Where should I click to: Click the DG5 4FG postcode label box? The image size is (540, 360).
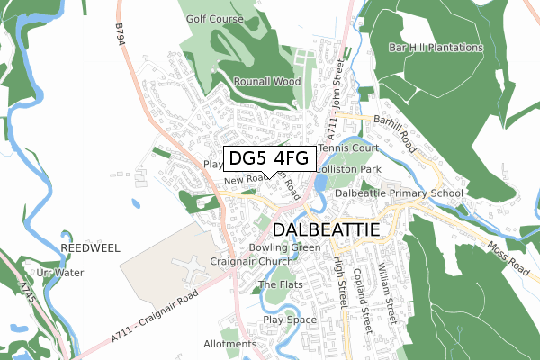(269, 158)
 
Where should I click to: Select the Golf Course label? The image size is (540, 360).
(215, 18)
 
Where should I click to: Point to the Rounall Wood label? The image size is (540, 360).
(266, 81)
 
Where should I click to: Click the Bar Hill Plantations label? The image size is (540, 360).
(436, 48)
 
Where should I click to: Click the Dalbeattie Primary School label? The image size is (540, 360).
(399, 193)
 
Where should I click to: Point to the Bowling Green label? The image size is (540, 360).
(284, 247)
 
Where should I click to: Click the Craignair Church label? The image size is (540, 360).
(246, 261)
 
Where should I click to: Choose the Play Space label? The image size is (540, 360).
(290, 319)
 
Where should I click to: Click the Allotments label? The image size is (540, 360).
(230, 344)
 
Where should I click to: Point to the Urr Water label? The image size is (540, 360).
(60, 272)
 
